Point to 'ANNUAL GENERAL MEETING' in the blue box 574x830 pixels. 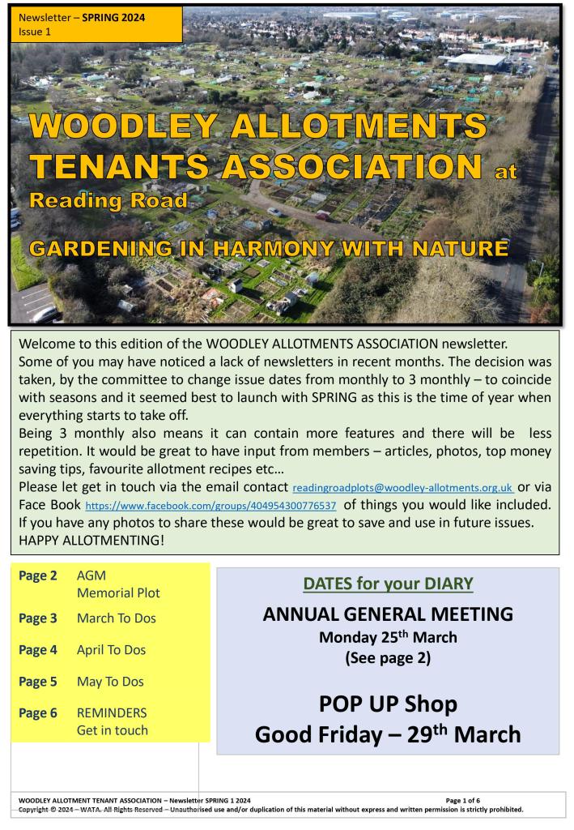click(388, 614)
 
